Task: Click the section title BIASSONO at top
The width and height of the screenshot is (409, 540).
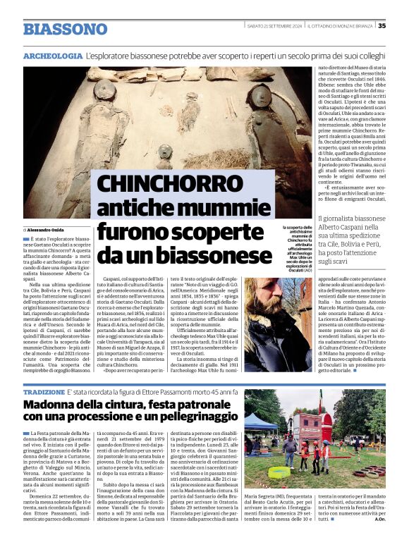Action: pyautogui.click(x=65, y=29)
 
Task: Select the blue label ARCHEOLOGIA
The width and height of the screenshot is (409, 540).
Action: pyautogui.click(x=52, y=55)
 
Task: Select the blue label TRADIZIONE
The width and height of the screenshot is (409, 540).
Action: pyautogui.click(x=44, y=391)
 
